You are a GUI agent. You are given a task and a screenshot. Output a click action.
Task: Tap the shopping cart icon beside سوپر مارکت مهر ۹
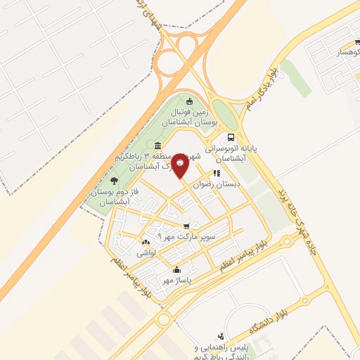[186, 226]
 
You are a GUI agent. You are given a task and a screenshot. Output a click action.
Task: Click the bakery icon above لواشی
[145, 242]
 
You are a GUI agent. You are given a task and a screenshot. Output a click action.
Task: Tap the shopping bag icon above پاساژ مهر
[176, 270]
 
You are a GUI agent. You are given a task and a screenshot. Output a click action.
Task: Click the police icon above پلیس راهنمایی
[221, 336]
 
